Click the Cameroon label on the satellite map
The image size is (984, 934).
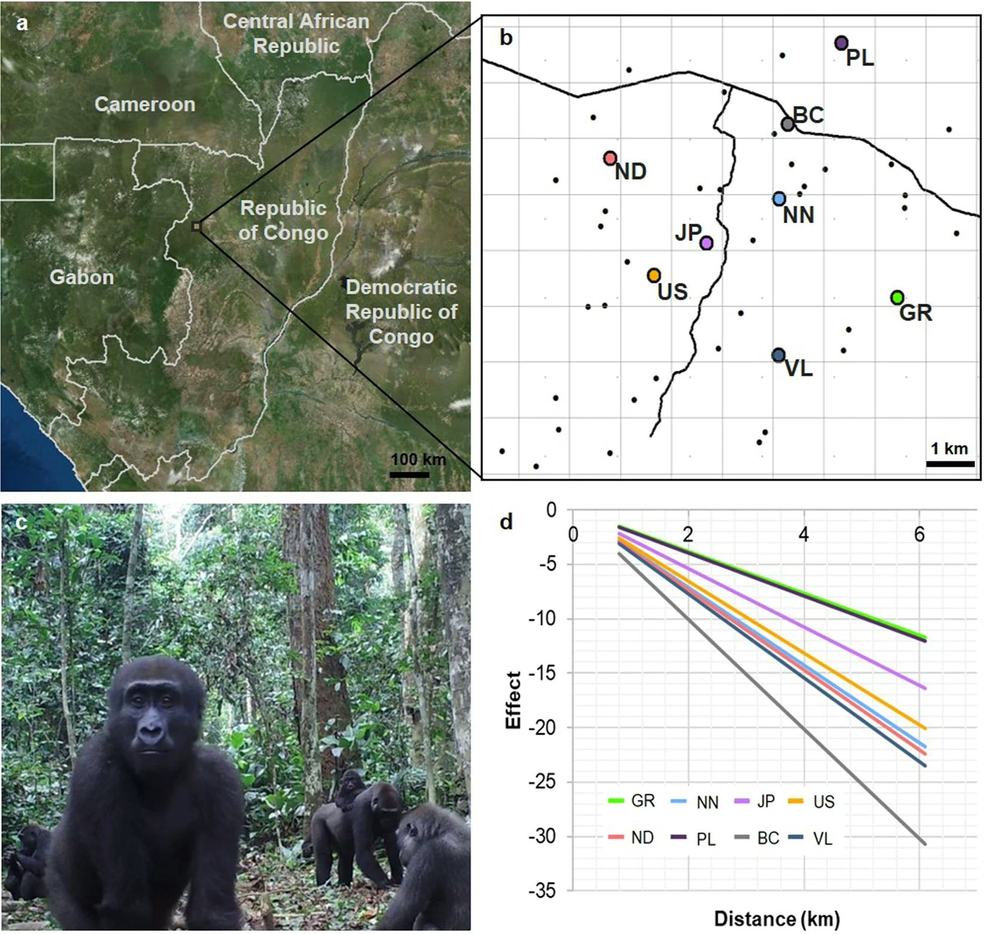click(x=145, y=104)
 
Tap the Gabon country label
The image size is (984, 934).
click(x=81, y=277)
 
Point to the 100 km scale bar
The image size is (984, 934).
click(x=410, y=474)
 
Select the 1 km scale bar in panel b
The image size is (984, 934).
click(x=950, y=463)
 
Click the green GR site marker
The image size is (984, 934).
click(x=897, y=297)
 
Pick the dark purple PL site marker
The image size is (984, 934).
click(x=841, y=43)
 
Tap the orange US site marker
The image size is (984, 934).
click(x=653, y=275)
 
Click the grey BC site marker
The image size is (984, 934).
click(x=788, y=124)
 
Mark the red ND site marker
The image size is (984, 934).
click(x=610, y=158)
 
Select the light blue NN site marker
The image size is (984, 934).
click(x=779, y=198)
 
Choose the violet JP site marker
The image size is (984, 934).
click(x=706, y=243)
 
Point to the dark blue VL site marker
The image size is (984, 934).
click(x=778, y=355)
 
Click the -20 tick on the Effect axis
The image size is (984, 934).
click(x=544, y=728)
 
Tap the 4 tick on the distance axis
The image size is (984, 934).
click(x=804, y=534)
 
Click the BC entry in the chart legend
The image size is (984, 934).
click(x=758, y=838)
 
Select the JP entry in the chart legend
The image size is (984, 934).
click(x=755, y=801)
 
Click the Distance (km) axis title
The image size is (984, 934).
click(x=776, y=918)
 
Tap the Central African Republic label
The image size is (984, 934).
click(x=296, y=33)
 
